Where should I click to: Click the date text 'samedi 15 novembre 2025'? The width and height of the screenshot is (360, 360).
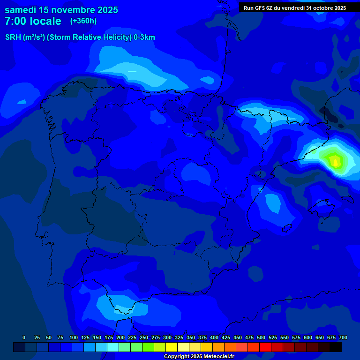click(x=61, y=10)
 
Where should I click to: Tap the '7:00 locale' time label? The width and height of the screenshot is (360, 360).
click(x=33, y=21)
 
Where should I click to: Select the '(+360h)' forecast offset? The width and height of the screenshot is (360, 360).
click(x=83, y=21)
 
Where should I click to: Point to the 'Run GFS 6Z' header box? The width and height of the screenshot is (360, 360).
click(x=295, y=8)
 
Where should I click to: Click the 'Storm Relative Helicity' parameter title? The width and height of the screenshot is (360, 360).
click(x=80, y=37)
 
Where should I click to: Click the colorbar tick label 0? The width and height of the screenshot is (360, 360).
click(x=24, y=337)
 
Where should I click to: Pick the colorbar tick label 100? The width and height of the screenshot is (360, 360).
click(x=74, y=337)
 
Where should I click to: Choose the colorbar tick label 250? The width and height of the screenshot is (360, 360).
click(x=144, y=337)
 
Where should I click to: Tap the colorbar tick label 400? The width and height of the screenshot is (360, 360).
click(x=214, y=337)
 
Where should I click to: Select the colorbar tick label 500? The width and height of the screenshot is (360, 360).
click(x=261, y=337)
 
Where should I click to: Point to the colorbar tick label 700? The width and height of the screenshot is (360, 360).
click(x=343, y=337)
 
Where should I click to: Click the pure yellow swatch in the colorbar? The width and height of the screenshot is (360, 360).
click(x=172, y=347)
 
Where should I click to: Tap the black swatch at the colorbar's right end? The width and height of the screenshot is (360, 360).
click(x=336, y=347)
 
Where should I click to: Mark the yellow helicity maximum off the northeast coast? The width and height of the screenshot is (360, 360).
click(x=335, y=162)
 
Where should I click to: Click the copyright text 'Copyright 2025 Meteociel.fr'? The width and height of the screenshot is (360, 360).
click(x=199, y=357)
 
